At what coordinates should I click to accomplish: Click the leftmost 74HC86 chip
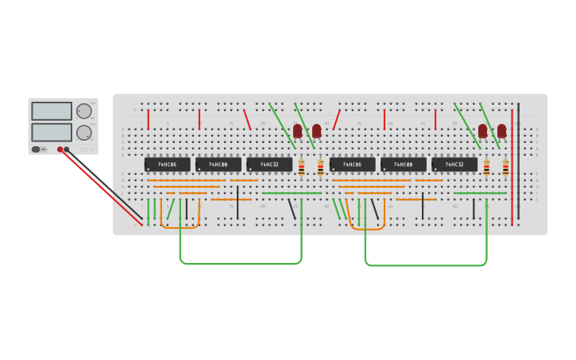[167, 165]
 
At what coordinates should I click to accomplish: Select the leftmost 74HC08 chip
[218, 165]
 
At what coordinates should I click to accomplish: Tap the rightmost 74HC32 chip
[454, 165]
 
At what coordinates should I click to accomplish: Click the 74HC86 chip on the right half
[352, 165]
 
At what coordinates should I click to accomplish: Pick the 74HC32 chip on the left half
[269, 165]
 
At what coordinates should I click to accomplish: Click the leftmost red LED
[298, 130]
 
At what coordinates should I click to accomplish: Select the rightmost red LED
[501, 130]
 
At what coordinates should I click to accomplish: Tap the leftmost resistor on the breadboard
[301, 167]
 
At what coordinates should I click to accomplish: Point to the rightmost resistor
[505, 167]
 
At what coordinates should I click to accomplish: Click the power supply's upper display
[52, 111]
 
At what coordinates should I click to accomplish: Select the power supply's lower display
[52, 131]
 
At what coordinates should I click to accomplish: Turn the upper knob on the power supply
[83, 111]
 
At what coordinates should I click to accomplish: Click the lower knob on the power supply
[83, 132]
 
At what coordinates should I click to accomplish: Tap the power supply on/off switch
[37, 149]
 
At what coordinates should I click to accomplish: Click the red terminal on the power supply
[60, 149]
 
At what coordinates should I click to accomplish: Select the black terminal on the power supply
[67, 149]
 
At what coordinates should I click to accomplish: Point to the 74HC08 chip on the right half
[403, 165]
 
